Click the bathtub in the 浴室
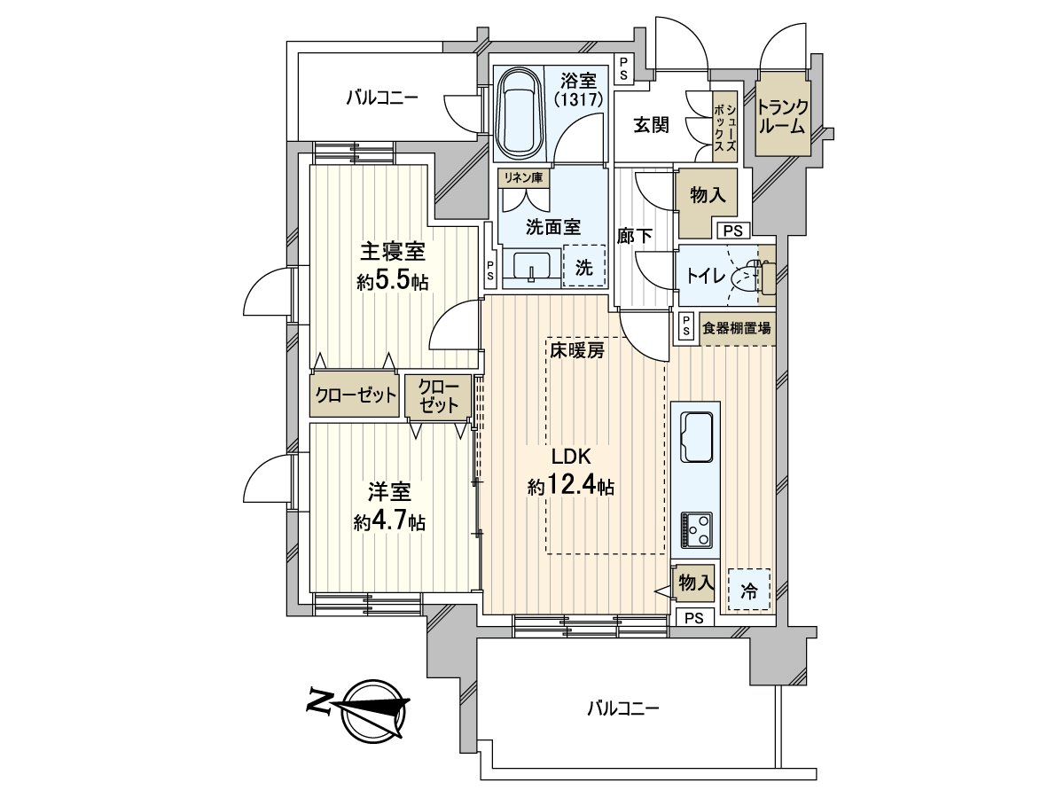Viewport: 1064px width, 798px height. coord(519,113)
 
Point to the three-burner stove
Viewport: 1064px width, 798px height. coord(697,530)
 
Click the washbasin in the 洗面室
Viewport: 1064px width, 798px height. coord(532,268)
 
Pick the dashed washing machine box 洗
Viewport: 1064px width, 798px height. coord(584,266)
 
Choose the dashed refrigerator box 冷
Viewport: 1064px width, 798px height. coord(748,589)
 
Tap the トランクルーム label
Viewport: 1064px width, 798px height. coord(782,116)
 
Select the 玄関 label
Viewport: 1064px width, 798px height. coord(652,125)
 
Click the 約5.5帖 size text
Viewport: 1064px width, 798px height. coord(393,281)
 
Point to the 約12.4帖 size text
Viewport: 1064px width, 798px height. coord(571,485)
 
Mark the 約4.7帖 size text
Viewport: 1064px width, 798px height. coord(390,522)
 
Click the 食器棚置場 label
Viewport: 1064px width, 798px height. coord(736,328)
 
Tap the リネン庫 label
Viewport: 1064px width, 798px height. coord(523,177)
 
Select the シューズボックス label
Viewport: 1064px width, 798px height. coord(725,126)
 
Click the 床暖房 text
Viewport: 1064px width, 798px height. coord(577,350)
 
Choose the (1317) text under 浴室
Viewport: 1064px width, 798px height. coord(578,98)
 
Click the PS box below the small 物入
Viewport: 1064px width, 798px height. coord(694,618)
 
